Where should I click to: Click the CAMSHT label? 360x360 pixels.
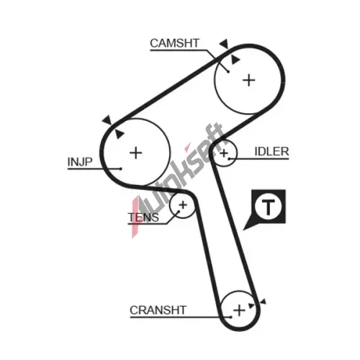174,43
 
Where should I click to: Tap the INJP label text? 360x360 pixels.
80,162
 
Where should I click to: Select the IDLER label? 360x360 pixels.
271,151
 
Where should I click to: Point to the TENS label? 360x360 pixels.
143,217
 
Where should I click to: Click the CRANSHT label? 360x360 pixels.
158,310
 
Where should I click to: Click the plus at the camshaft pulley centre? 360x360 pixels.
249,80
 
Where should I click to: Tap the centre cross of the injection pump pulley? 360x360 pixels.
135,153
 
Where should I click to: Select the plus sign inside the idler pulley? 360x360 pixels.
224,153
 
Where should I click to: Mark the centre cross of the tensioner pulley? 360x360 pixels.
183,205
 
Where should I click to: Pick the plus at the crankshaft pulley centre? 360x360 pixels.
239,310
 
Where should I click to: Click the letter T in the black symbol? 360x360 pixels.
268,207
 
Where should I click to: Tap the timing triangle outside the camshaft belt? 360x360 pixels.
224,44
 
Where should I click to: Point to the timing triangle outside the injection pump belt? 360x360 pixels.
107,120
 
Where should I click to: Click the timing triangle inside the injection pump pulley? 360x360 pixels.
119,134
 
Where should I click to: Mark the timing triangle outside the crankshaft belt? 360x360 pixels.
264,302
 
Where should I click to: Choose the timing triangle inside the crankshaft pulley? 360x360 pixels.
251,305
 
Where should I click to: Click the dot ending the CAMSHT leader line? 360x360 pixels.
228,71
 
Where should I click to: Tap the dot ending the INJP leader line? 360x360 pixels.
121,168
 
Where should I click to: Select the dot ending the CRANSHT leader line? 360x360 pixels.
231,318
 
